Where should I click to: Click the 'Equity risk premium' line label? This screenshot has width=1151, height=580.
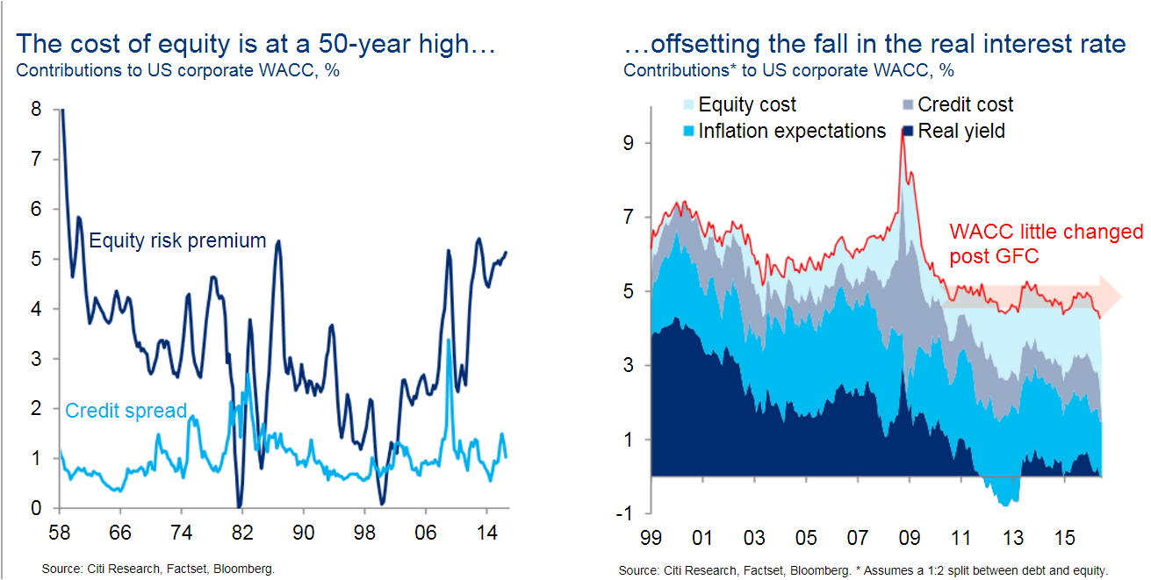click(177, 241)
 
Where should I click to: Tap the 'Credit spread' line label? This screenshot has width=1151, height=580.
click(126, 411)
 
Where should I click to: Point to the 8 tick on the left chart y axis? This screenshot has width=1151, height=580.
click(36, 110)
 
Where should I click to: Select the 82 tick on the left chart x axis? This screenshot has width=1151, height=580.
click(242, 533)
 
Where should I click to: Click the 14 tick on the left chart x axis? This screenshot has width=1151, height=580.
click(486, 533)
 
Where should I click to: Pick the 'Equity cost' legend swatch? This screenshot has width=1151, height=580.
click(688, 104)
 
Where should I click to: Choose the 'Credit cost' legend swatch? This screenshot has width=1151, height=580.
click(908, 104)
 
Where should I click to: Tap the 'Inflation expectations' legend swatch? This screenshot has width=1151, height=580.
click(688, 132)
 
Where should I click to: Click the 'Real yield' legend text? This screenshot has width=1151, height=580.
click(961, 132)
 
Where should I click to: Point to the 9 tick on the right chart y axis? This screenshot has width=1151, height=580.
click(628, 143)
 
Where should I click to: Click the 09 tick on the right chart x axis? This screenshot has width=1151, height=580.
click(909, 539)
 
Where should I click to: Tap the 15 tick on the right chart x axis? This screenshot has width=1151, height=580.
click(1064, 539)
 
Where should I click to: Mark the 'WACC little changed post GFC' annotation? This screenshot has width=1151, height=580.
click(1046, 244)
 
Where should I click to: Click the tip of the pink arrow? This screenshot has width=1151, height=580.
click(1122, 296)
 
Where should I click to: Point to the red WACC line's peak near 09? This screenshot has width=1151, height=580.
click(903, 131)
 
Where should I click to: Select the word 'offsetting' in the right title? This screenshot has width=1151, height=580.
click(705, 44)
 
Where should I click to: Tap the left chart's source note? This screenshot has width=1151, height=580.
click(158, 569)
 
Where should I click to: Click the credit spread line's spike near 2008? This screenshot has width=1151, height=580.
click(449, 340)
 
